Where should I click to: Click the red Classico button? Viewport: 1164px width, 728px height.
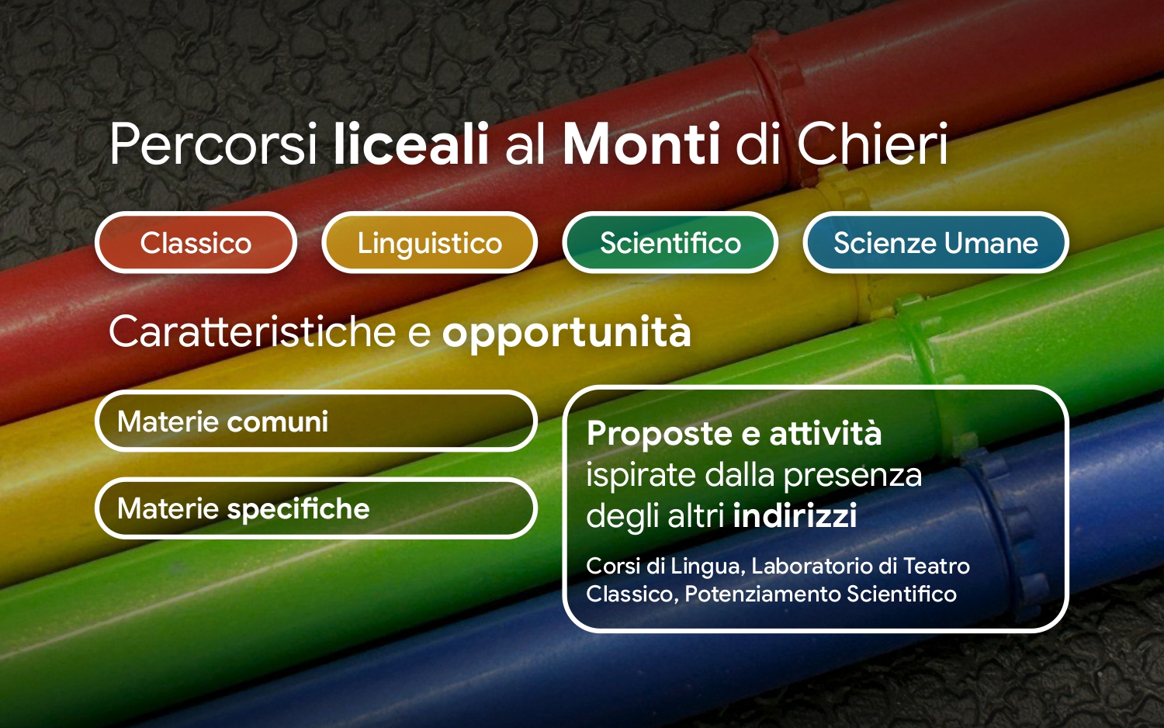click(196, 242)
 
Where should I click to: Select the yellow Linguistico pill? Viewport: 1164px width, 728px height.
click(430, 242)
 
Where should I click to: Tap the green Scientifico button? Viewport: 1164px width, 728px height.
click(670, 242)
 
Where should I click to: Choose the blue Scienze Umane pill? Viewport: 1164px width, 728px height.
click(936, 242)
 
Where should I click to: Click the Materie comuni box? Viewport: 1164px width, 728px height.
click(316, 421)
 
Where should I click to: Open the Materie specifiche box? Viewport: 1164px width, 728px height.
click(316, 508)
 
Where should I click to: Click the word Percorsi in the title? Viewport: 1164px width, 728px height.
click(213, 144)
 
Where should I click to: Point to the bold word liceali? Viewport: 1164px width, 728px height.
click(411, 144)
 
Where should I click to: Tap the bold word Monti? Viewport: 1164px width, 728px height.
click(642, 144)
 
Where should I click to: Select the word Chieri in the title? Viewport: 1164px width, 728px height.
click(872, 144)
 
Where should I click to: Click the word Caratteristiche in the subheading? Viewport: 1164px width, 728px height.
click(252, 331)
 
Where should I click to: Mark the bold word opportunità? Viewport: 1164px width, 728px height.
click(566, 334)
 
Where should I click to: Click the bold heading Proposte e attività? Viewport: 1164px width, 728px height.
click(734, 433)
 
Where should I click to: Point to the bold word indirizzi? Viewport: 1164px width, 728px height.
click(795, 515)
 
